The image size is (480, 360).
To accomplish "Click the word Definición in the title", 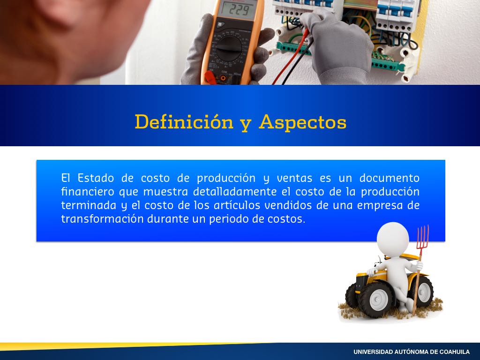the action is (x=184, y=121).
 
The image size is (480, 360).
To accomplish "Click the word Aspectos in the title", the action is (x=302, y=123).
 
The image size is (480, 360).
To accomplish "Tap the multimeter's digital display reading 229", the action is (x=237, y=10).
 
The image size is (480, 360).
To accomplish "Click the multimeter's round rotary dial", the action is (x=229, y=49).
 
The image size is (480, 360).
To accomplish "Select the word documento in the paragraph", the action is (x=390, y=178).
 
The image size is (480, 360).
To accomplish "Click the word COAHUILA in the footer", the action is (x=454, y=352).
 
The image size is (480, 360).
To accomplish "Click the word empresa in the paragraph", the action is (x=379, y=205).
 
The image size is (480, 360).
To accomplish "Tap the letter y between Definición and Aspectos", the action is (x=246, y=124).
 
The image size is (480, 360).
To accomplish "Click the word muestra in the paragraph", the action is (x=165, y=192).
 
